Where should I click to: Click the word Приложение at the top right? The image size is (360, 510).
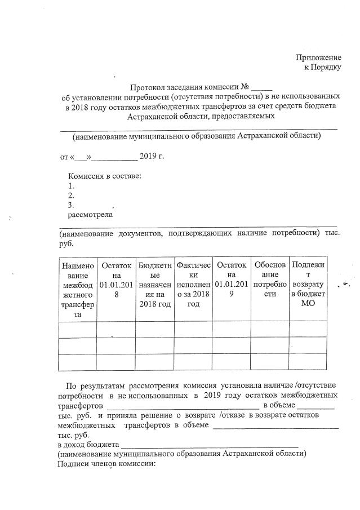pyautogui.click(x=319, y=57)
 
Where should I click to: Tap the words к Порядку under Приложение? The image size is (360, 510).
pyautogui.click(x=323, y=68)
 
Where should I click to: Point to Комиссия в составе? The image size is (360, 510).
pyautogui.click(x=104, y=176)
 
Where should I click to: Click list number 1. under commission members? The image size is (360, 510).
pyautogui.click(x=72, y=186)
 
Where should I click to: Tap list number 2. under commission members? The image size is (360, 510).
pyautogui.click(x=72, y=196)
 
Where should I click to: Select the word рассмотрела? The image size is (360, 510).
pyautogui.click(x=90, y=215)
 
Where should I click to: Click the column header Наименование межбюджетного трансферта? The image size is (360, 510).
pyautogui.click(x=77, y=290)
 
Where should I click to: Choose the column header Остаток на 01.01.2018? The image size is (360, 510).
pyautogui.click(x=116, y=280)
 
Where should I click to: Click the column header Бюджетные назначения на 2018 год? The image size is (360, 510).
pyautogui.click(x=154, y=285)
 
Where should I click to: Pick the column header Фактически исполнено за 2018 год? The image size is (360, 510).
pyautogui.click(x=193, y=285)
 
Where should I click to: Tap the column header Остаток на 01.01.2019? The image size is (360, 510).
pyautogui.click(x=232, y=280)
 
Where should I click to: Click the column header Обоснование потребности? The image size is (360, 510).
pyautogui.click(x=270, y=280)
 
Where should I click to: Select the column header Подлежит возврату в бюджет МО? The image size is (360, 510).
pyautogui.click(x=308, y=285)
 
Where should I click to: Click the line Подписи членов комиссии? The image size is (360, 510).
pyautogui.click(x=105, y=463)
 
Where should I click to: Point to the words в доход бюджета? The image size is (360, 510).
pyautogui.click(x=87, y=444)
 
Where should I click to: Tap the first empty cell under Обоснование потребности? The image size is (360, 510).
pyautogui.click(x=270, y=329)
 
